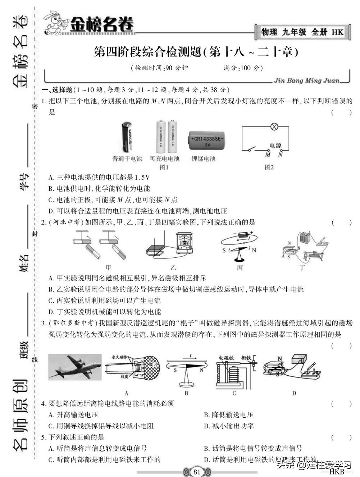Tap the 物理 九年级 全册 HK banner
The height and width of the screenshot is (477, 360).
(302, 32)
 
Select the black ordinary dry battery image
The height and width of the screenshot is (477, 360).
(127, 137)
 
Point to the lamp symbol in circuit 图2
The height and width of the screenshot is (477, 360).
(274, 127)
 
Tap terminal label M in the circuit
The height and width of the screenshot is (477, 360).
(268, 155)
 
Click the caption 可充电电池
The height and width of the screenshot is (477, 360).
(164, 159)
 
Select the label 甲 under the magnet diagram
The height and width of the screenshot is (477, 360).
(108, 268)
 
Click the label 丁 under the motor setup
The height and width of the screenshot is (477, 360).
(302, 268)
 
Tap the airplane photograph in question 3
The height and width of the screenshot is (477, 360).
(75, 366)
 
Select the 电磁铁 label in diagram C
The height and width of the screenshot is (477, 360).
(226, 358)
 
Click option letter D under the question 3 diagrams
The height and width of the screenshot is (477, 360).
(294, 393)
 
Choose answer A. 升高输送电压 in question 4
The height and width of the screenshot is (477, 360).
(73, 414)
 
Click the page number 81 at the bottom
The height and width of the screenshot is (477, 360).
(197, 472)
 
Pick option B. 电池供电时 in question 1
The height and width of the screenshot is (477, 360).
(99, 189)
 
